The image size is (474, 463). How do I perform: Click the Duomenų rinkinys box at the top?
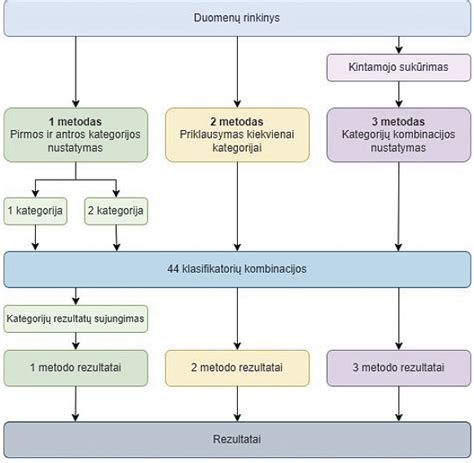237,18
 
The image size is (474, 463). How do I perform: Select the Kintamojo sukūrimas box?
398,67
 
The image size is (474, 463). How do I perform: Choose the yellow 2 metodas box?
238,134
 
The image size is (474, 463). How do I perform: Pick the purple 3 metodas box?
398,134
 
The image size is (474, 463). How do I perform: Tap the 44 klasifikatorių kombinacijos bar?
237,269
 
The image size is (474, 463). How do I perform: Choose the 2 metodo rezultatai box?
238,367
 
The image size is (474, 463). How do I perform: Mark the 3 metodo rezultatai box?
398,367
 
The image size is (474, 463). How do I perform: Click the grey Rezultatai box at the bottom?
237,438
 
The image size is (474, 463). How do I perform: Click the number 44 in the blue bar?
173,269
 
